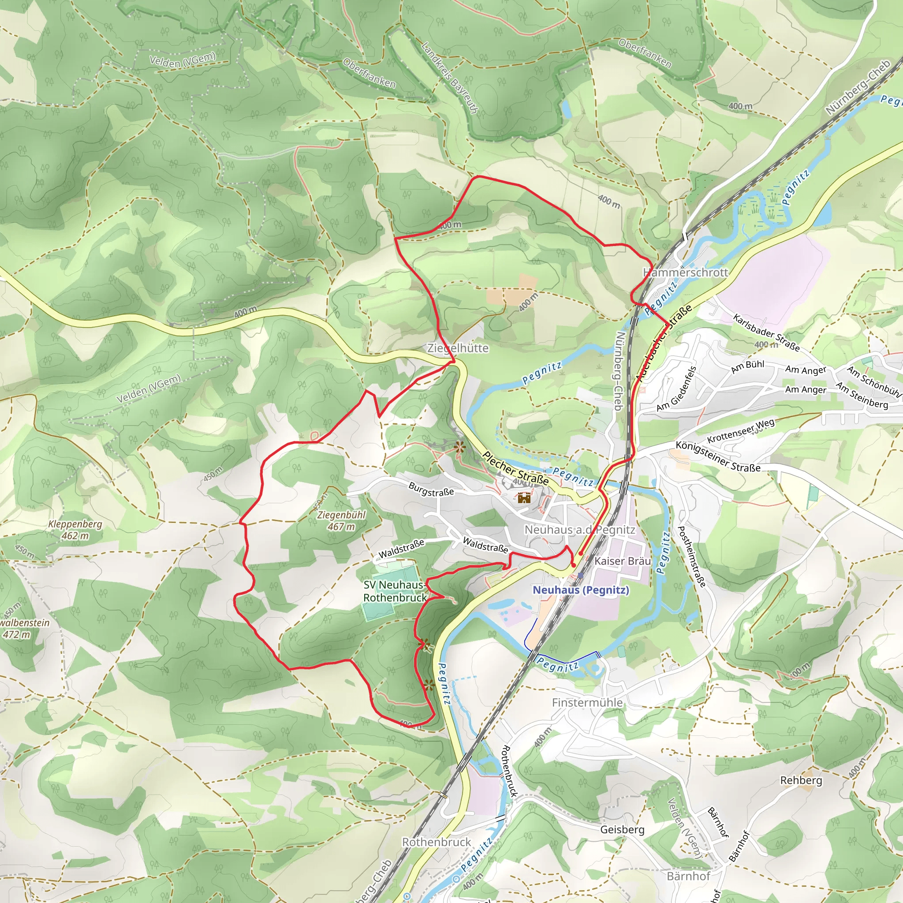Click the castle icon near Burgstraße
point(524,497)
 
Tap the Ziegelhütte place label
point(458,348)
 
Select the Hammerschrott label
point(685,272)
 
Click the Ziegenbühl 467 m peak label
point(341,521)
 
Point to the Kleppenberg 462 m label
point(75,530)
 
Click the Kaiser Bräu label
point(623,561)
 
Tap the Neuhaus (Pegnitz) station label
point(581,590)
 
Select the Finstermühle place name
point(587,702)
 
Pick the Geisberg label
point(622,829)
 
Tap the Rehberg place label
point(801,780)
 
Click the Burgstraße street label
point(431,489)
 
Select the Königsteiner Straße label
point(718,457)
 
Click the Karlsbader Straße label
point(766,333)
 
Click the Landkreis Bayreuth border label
point(449,78)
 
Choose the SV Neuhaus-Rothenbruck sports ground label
point(395,591)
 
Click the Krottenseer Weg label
point(740,431)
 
